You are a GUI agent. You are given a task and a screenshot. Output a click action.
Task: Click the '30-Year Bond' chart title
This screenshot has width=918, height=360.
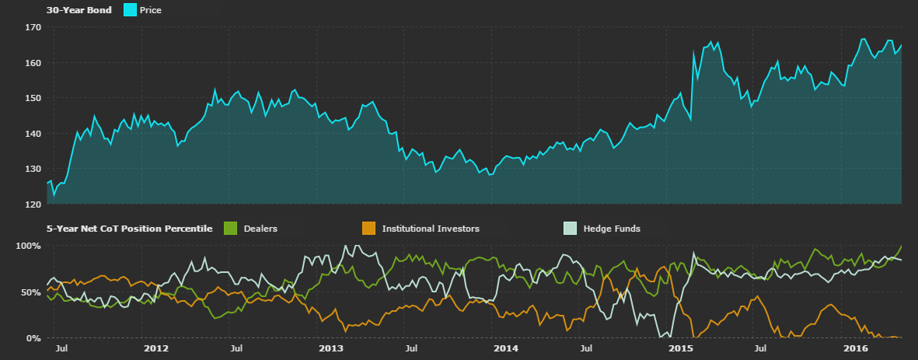[x=79, y=10]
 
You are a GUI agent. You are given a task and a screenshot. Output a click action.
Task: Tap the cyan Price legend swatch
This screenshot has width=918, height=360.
[x=129, y=10]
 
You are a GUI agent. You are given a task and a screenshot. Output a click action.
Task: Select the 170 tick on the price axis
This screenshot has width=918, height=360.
[x=32, y=27]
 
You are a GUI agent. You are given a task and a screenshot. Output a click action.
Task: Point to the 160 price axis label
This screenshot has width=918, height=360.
[x=32, y=63]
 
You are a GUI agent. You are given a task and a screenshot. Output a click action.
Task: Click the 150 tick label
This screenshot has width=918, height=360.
[x=32, y=98]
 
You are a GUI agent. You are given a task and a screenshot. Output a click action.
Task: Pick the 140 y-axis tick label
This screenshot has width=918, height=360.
[x=32, y=134]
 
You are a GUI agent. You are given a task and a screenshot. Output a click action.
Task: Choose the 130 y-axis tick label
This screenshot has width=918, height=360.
[x=32, y=169]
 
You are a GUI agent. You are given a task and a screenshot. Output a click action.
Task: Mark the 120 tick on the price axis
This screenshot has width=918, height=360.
[x=32, y=204]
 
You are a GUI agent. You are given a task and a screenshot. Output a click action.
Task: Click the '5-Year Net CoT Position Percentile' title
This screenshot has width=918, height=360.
[x=129, y=229]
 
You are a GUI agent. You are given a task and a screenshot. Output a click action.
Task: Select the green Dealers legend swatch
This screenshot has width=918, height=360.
[x=230, y=229]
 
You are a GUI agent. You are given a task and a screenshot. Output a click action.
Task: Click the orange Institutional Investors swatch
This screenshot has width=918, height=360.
[x=369, y=229]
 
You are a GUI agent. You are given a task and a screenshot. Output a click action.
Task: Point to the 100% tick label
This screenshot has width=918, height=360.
[x=28, y=246]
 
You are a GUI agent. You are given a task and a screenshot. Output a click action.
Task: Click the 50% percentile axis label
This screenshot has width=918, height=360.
[x=30, y=292]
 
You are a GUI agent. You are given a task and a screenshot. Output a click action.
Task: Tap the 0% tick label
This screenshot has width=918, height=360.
[x=33, y=338]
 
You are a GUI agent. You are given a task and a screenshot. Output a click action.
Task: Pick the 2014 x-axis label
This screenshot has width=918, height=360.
[x=506, y=349]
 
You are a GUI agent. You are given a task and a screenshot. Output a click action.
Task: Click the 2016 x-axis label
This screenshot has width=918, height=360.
[x=856, y=349]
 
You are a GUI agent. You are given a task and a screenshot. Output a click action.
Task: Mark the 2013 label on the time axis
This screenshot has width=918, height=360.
[x=331, y=349]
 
